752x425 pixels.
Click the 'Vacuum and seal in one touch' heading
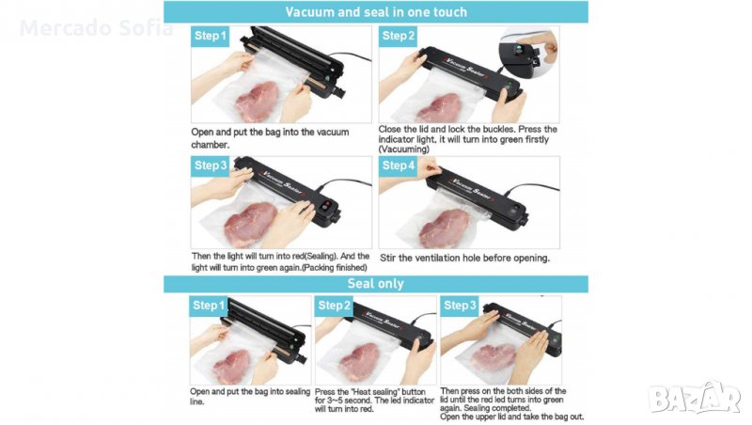(x=376, y=12)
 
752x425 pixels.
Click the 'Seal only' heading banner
(x=376, y=284)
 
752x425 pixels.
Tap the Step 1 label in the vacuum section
(x=210, y=36)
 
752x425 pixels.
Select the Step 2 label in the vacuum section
(x=398, y=36)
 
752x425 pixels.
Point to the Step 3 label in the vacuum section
(x=210, y=166)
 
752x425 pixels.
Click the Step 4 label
(x=398, y=166)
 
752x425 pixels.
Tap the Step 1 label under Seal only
(x=209, y=306)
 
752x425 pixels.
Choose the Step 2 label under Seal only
(x=334, y=306)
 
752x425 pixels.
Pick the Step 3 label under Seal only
(x=460, y=306)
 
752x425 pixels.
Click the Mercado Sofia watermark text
(x=97, y=28)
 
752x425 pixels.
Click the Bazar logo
(x=695, y=398)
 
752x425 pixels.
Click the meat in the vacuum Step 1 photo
(x=257, y=101)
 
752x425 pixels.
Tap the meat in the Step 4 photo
(x=445, y=228)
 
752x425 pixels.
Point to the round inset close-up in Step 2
(x=528, y=53)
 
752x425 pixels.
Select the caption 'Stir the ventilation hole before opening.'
(x=464, y=258)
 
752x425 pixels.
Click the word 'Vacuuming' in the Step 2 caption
(x=404, y=150)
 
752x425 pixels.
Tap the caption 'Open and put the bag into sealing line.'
(x=250, y=396)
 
